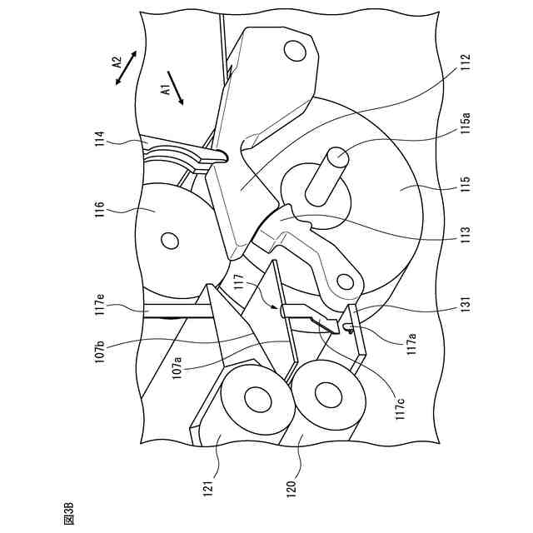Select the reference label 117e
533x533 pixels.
[x=100, y=307]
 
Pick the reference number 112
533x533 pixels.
[x=466, y=63]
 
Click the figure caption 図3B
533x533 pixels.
[x=69, y=509]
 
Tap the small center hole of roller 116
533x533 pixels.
[x=169, y=242]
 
